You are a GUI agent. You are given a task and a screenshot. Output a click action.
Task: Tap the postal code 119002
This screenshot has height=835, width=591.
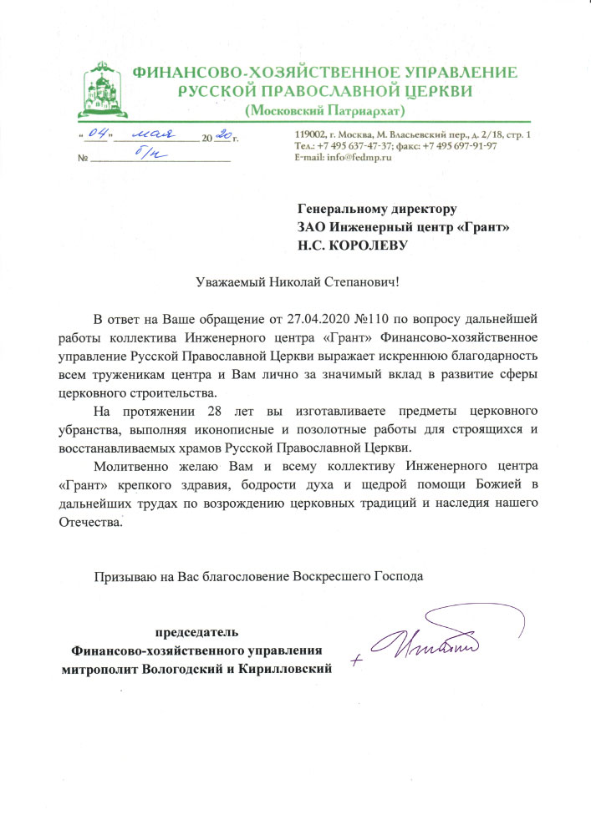click(312, 135)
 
